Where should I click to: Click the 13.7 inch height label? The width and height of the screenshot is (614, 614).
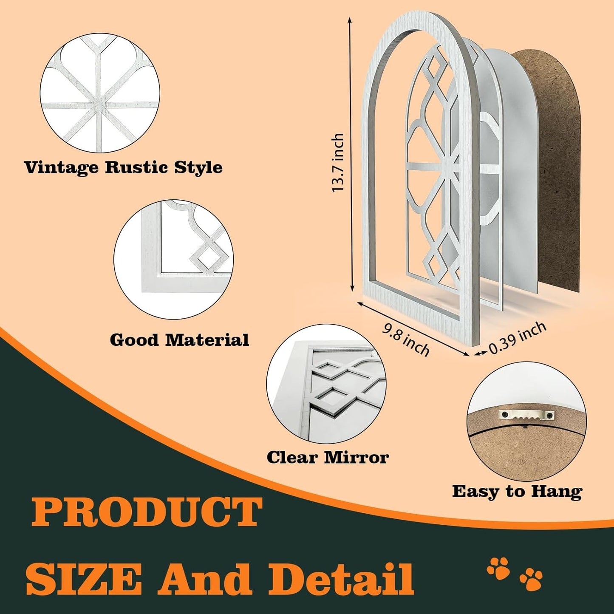tap(338, 162)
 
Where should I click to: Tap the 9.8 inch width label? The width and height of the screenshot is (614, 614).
tap(406, 340)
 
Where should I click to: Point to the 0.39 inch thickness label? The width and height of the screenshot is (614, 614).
tap(518, 337)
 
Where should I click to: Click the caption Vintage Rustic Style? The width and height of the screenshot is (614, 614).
tap(124, 168)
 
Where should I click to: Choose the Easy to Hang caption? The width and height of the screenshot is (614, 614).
tap(517, 492)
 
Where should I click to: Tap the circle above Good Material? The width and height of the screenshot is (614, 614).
tap(174, 260)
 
